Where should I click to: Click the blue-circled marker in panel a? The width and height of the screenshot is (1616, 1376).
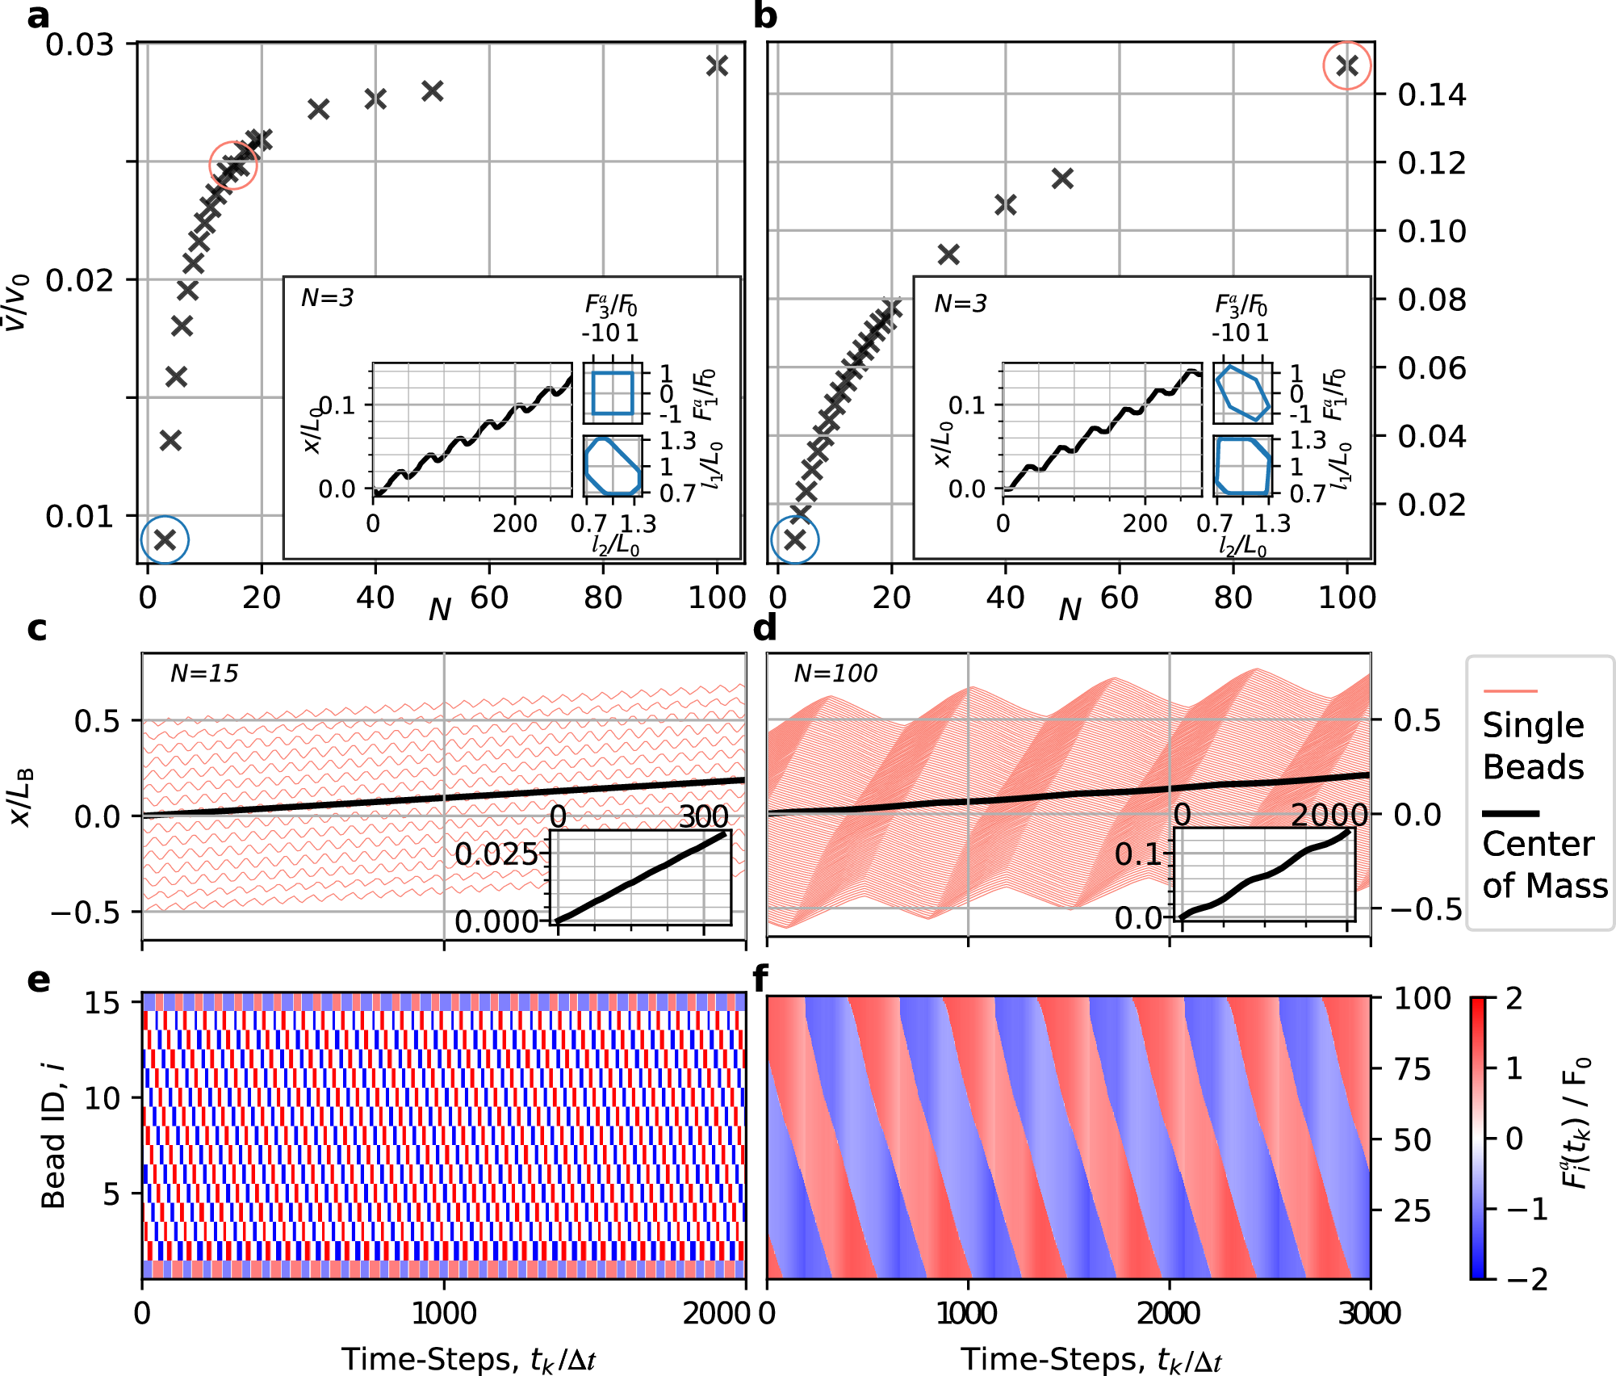(165, 539)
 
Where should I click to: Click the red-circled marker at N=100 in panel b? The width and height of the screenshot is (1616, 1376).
(1346, 65)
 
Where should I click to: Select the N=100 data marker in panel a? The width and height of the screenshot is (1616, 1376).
(717, 65)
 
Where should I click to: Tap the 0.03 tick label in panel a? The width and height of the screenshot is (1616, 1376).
(79, 44)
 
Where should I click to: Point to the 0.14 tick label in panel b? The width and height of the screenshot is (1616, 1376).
(1432, 95)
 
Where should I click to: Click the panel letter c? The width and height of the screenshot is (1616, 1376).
(37, 629)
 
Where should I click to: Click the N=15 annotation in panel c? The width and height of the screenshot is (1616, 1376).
(204, 673)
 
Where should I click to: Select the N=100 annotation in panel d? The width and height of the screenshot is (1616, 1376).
(835, 673)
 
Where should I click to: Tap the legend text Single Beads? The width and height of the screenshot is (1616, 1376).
(1533, 745)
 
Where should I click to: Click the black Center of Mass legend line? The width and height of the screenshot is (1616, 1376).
(1510, 813)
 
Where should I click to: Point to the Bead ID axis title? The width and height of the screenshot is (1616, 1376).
(53, 1135)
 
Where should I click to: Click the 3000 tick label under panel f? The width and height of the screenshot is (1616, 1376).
(1370, 1314)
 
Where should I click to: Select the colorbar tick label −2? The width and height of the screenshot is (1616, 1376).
(1525, 1280)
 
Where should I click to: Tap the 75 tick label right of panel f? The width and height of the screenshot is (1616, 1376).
(1413, 1069)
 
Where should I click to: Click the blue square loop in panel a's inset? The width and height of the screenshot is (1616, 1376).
(613, 393)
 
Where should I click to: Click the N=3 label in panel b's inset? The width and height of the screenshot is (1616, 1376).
(961, 304)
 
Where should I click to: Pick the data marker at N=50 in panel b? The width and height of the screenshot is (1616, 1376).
(1062, 178)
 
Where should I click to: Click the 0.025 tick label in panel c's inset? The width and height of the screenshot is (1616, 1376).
(496, 854)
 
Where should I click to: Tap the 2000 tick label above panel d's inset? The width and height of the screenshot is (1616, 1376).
(1329, 816)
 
